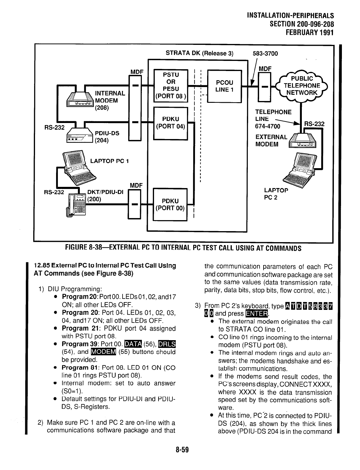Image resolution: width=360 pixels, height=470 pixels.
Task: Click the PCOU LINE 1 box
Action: tap(224, 86)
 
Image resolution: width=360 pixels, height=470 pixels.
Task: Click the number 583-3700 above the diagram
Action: tap(265, 54)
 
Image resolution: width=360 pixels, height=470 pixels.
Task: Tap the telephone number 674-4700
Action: tap(267, 127)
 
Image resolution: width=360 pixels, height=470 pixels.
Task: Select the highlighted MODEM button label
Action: tap(103, 352)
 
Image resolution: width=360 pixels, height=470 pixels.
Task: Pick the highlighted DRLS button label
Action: tap(167, 344)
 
